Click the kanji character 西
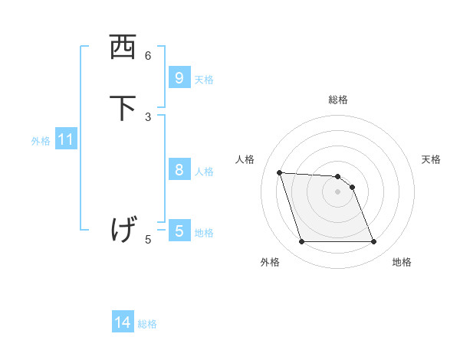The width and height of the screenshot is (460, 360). (123, 47)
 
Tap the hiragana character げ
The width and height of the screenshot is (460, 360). (123, 228)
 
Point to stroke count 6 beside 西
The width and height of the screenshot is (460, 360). (148, 55)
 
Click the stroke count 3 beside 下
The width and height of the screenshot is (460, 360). (148, 116)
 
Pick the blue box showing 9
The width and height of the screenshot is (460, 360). (179, 77)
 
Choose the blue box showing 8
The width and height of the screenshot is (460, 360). (179, 170)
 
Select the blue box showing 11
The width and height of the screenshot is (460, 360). (66, 140)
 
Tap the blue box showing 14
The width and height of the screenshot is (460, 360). (123, 322)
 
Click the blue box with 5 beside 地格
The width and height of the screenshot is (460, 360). (179, 231)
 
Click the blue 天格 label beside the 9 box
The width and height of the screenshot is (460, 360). (204, 80)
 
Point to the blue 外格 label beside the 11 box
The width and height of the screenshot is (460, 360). (41, 141)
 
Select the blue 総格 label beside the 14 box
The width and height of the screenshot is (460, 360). (147, 324)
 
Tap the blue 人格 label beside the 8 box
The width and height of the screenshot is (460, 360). (204, 172)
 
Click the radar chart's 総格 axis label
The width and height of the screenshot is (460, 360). (338, 100)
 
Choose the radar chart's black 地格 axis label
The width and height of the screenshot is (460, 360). (402, 262)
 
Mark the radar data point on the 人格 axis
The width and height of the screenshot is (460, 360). (279, 172)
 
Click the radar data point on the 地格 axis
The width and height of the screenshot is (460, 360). (373, 242)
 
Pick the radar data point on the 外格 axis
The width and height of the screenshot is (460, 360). (301, 242)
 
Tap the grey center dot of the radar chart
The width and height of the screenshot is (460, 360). (338, 191)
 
